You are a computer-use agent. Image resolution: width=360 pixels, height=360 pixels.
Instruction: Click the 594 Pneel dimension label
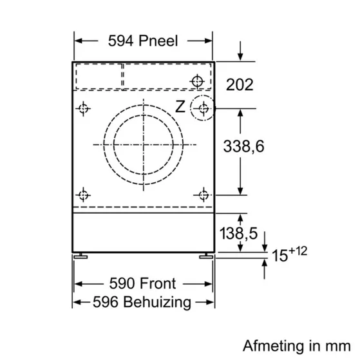(142, 41)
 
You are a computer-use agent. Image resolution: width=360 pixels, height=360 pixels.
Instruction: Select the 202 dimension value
(240, 84)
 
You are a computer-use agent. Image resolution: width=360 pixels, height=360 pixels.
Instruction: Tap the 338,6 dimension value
(243, 146)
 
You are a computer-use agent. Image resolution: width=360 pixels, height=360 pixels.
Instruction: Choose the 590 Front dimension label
(142, 283)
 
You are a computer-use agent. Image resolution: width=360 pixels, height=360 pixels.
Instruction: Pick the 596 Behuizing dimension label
(142, 301)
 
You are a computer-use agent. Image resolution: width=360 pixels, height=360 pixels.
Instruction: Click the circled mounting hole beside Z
(203, 108)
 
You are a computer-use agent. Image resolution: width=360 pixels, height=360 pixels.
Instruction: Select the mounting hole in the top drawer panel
(198, 81)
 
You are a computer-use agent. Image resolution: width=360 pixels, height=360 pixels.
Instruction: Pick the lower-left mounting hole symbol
(82, 194)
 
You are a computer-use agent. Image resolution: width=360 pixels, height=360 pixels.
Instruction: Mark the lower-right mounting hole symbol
(203, 194)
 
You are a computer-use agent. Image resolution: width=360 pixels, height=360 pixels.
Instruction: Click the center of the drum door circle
(142, 144)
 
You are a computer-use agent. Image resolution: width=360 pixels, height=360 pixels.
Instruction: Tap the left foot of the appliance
(80, 256)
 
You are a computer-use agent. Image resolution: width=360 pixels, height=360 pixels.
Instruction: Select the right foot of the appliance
(206, 256)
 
